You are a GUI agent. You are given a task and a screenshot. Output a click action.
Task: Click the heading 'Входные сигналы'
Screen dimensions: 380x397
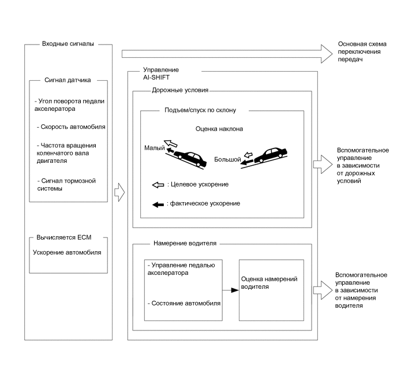[x=68, y=44]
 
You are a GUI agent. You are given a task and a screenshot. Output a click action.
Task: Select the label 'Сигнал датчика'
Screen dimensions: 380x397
[x=68, y=80]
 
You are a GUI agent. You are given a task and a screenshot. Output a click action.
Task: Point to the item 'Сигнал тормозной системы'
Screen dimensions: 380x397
[x=65, y=185]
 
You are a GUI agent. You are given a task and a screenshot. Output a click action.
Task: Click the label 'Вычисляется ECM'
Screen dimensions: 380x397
[x=64, y=238]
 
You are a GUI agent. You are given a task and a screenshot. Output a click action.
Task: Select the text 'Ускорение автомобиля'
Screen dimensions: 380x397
[x=67, y=252]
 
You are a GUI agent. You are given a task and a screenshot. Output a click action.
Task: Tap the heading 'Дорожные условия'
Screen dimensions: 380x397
[x=179, y=91]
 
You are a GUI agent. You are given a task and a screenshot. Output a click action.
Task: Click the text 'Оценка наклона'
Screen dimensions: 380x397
[x=219, y=129]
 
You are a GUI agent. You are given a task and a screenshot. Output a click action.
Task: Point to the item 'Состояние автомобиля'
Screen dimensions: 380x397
[x=185, y=303]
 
